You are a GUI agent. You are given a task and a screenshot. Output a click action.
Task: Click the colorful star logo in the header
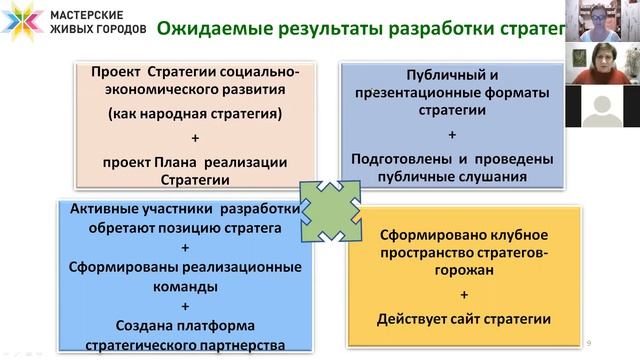[21, 21]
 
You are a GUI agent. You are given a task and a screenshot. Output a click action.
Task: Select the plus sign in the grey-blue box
[452, 134]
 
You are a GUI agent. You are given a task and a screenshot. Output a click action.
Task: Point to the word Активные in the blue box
[101, 209]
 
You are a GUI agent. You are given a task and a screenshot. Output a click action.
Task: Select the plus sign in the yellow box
[465, 295]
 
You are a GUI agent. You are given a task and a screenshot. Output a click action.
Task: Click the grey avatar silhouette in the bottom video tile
[602, 108]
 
